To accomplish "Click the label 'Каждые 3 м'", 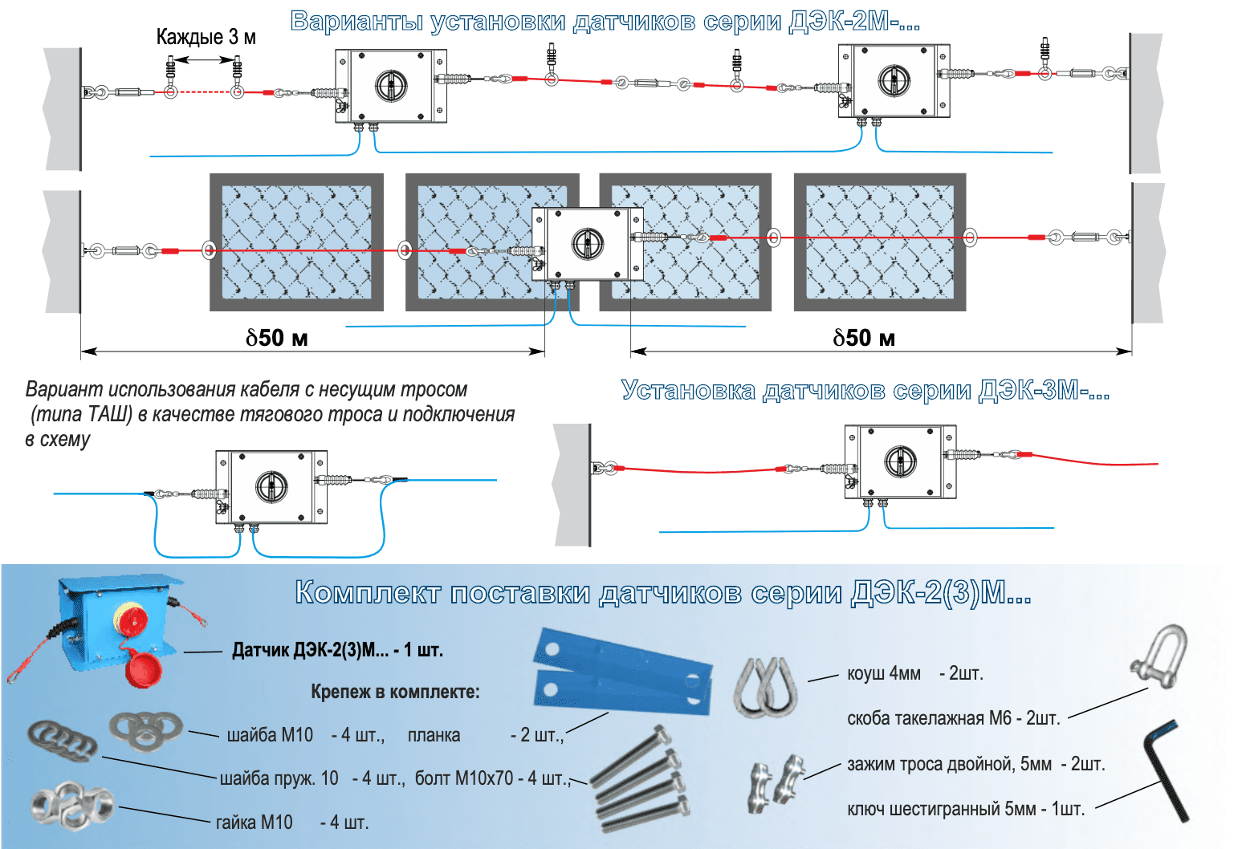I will [206, 37].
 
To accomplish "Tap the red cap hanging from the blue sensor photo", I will [144, 669].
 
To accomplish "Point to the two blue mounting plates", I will [622, 672].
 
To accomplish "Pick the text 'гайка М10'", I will [254, 823].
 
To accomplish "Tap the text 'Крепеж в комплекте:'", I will [395, 692].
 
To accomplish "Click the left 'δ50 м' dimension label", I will [277, 338].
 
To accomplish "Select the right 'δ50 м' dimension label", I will [864, 338].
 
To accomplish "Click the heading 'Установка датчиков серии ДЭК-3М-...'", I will [865, 391].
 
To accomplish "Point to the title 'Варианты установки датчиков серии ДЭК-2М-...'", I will [605, 22].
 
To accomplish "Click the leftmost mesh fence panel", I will [296, 242].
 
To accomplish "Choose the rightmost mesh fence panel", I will [880, 242].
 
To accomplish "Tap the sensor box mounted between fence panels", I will [587, 243].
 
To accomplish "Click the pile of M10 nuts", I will [71, 805].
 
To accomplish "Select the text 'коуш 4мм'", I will [884, 673].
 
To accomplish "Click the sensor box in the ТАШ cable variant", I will [271, 487].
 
